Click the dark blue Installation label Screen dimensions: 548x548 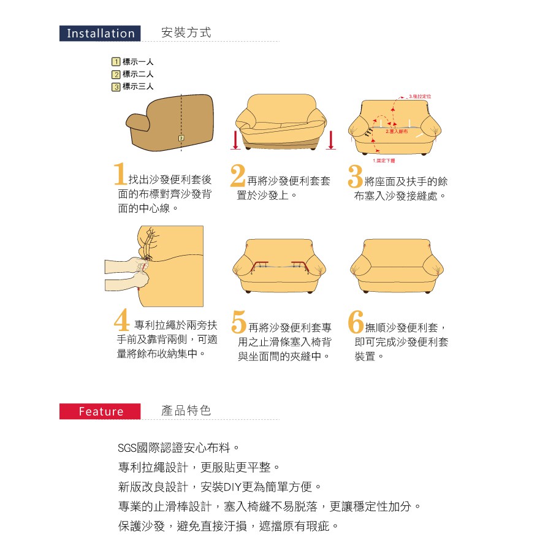(101, 34)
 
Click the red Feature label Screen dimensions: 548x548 (101, 411)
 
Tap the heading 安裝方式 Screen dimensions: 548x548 (186, 33)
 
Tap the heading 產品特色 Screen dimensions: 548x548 (186, 411)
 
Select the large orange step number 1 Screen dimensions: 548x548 (120, 175)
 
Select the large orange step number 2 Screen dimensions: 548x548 (238, 175)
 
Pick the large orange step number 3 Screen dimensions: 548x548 (355, 175)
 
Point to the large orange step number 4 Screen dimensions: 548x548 (121, 321)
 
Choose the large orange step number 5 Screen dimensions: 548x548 (239, 321)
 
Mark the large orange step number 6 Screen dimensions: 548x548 (356, 321)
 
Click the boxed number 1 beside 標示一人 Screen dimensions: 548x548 (115, 62)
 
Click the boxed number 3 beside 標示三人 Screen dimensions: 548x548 (115, 86)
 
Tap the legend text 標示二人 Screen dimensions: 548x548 (138, 74)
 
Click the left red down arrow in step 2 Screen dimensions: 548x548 (235, 139)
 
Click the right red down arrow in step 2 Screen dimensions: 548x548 (331, 139)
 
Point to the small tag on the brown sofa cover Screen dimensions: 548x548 (181, 138)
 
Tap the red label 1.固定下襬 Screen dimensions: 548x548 (384, 160)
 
